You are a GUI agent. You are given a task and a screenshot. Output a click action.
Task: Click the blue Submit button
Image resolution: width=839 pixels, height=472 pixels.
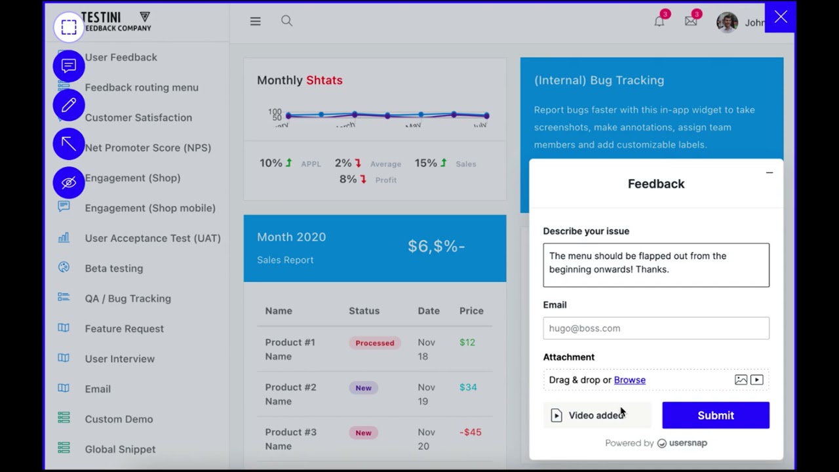tap(715, 416)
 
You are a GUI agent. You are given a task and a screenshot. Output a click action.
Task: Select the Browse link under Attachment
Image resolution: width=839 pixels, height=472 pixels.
tap(629, 380)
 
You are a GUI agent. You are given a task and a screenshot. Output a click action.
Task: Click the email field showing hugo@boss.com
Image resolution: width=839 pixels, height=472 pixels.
tap(655, 328)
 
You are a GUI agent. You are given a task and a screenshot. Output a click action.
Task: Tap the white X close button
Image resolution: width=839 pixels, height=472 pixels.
tap(780, 18)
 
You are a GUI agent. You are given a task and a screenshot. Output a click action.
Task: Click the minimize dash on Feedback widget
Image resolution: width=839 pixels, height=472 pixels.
tap(769, 173)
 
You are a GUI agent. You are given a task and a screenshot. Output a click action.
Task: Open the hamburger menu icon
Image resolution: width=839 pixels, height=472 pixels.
tap(255, 22)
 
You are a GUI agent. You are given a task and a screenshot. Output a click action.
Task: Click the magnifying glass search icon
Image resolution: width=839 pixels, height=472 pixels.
tap(286, 22)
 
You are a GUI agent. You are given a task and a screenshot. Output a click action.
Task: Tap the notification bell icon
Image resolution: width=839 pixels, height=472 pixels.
tap(659, 22)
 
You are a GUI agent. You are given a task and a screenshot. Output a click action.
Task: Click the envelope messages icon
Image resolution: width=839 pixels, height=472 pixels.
tap(690, 22)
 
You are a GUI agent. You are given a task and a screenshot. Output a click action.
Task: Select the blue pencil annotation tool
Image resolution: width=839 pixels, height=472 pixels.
tap(69, 106)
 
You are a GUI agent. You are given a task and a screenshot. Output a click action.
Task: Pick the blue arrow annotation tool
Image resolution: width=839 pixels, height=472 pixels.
tap(69, 144)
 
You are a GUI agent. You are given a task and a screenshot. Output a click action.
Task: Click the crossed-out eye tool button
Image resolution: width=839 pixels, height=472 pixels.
tap(69, 182)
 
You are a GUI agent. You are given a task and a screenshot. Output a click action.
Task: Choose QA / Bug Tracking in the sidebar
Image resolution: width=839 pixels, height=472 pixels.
tap(127, 298)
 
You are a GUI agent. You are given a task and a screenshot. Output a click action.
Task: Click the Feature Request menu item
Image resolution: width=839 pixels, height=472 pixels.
tap(124, 328)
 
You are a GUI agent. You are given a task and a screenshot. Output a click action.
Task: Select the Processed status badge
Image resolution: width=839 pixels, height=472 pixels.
tap(374, 343)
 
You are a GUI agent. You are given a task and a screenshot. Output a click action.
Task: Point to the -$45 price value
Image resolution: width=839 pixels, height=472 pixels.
tap(470, 432)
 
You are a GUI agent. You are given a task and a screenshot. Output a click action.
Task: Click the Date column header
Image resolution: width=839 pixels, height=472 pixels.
tap(428, 311)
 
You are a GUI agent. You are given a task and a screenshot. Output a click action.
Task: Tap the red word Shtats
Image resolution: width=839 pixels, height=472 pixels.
tap(324, 80)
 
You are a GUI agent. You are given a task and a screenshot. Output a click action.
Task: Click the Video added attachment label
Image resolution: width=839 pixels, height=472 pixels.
tap(595, 416)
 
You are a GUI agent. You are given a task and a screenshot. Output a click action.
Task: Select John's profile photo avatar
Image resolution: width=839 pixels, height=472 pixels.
tap(726, 22)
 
